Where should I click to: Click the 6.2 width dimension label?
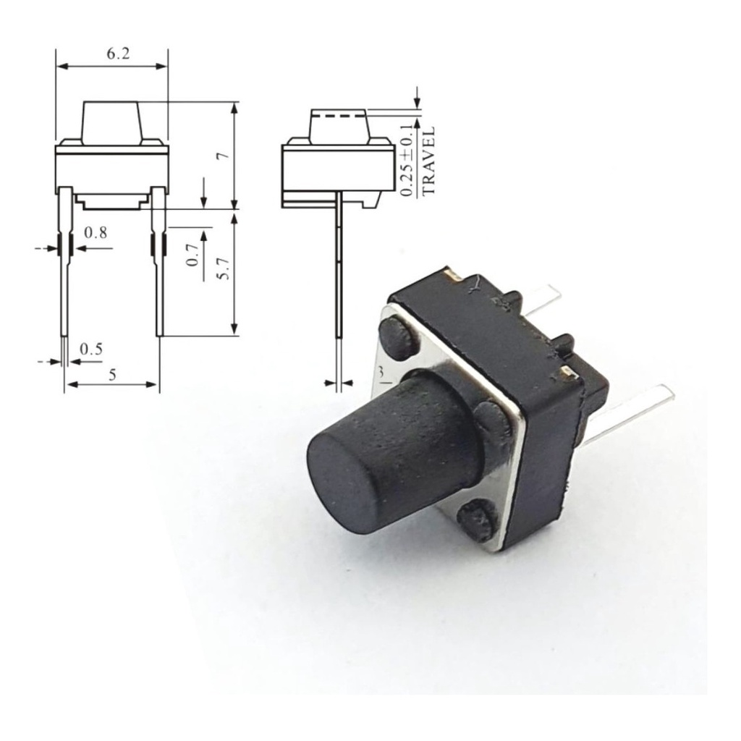[118, 54]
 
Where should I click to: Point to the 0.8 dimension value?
[96, 232]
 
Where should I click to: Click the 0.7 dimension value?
[191, 255]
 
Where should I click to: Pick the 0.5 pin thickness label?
[91, 350]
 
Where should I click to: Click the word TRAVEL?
[428, 161]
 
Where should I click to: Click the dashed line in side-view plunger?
[339, 115]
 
